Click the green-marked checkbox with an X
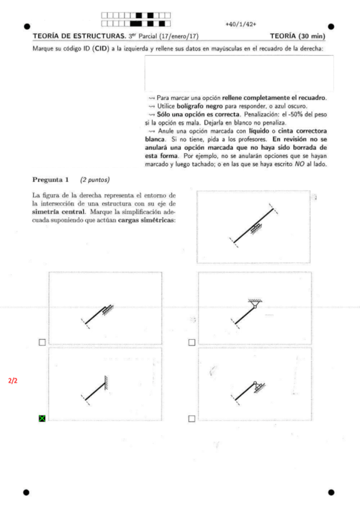click(42, 418)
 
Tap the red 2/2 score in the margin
click(13, 381)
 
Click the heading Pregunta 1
click(51, 179)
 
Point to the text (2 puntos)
click(94, 179)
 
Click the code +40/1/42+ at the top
click(240, 24)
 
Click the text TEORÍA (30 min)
click(297, 37)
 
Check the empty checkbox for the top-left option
click(42, 342)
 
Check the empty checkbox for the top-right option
click(191, 342)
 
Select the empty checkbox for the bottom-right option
click(191, 418)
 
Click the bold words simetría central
click(57, 212)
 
